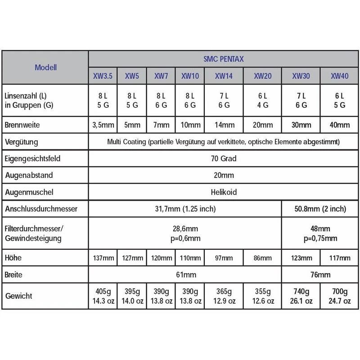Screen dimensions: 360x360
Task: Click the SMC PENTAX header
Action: [x=223, y=59]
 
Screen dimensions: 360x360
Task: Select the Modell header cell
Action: [x=45, y=68]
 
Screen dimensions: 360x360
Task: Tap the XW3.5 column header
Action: [x=103, y=76]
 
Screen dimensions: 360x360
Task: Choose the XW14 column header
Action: [x=224, y=76]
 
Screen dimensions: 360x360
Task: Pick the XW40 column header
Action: [x=340, y=76]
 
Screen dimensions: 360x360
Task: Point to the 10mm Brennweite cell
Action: [x=190, y=125]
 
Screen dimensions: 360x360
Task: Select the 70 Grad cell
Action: [x=223, y=158]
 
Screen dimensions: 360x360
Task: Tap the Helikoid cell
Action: [x=223, y=192]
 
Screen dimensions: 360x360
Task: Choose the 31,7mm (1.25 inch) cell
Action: [x=184, y=209]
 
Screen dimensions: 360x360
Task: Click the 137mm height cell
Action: [x=103, y=258]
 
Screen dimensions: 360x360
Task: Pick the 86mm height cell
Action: [x=262, y=258]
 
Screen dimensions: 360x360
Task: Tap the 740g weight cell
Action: [x=301, y=297]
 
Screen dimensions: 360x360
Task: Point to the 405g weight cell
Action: [x=103, y=297]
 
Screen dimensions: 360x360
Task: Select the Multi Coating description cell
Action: [x=223, y=142]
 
